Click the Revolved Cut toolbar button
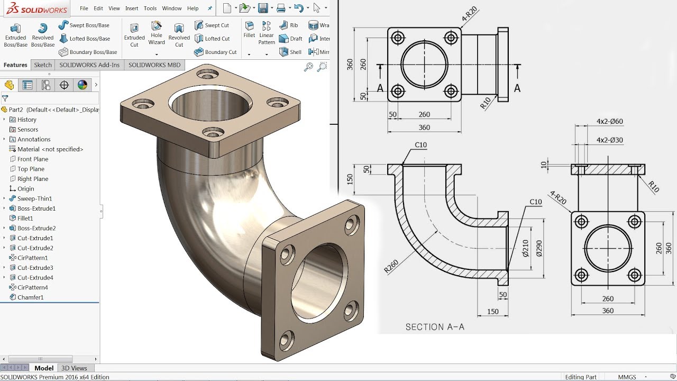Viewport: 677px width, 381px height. click(179, 34)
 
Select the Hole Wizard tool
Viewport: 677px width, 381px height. click(157, 33)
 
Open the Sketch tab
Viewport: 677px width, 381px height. click(43, 65)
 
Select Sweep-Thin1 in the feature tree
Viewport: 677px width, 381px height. click(34, 198)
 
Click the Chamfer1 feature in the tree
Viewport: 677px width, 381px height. click(30, 297)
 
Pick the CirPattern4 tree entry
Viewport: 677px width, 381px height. click(32, 287)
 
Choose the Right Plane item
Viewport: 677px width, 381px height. click(32, 179)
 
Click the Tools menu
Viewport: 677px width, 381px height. click(150, 8)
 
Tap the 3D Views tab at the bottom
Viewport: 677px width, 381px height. click(74, 368)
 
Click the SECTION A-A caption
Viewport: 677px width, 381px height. click(435, 327)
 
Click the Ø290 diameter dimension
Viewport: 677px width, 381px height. click(539, 248)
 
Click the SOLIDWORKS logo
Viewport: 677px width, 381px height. click(35, 9)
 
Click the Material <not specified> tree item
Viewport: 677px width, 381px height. click(50, 149)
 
